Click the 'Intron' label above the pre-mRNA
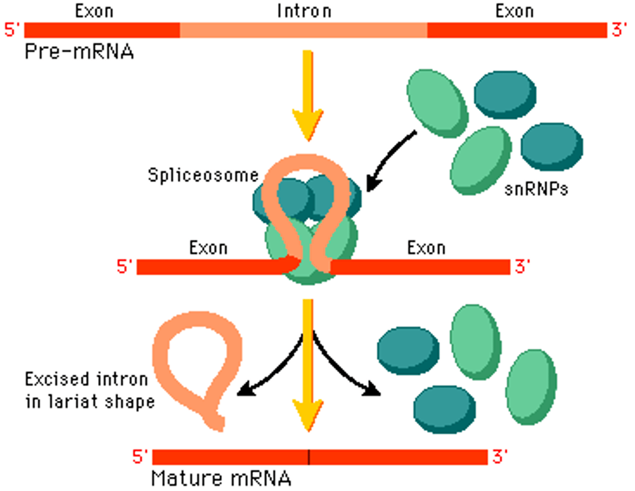pyautogui.click(x=304, y=11)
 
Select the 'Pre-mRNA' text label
pyautogui.click(x=79, y=52)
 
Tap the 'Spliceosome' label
pyautogui.click(x=203, y=175)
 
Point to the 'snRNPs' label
pyautogui.click(x=536, y=189)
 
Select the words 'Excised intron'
pyautogui.click(x=86, y=379)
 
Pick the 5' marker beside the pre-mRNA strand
pyautogui.click(x=12, y=30)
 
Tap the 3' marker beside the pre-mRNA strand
pyautogui.click(x=619, y=30)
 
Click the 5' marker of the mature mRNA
pyautogui.click(x=140, y=457)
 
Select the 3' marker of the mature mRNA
pyautogui.click(x=500, y=457)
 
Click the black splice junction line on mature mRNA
pyautogui.click(x=309, y=457)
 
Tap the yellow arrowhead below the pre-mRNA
pyautogui.click(x=308, y=126)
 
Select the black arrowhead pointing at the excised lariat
pyautogui.click(x=245, y=390)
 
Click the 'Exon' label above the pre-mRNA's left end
pyautogui.click(x=94, y=11)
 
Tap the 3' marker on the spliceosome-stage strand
pyautogui.click(x=522, y=267)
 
